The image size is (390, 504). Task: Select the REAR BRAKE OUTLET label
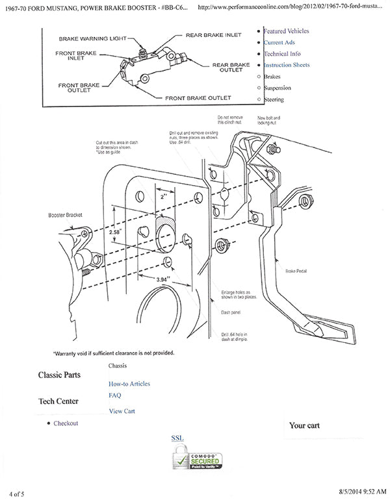point(230,68)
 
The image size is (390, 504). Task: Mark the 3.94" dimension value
point(166,279)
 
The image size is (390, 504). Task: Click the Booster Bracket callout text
point(65,214)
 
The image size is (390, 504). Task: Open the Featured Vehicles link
point(286,31)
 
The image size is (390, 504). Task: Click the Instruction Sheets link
point(286,65)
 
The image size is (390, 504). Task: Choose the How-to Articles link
point(129,384)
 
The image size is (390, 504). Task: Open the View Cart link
point(122,411)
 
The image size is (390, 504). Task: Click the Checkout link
point(66,423)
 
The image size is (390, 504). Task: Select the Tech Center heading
point(58,401)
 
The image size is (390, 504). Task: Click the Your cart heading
point(308,426)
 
